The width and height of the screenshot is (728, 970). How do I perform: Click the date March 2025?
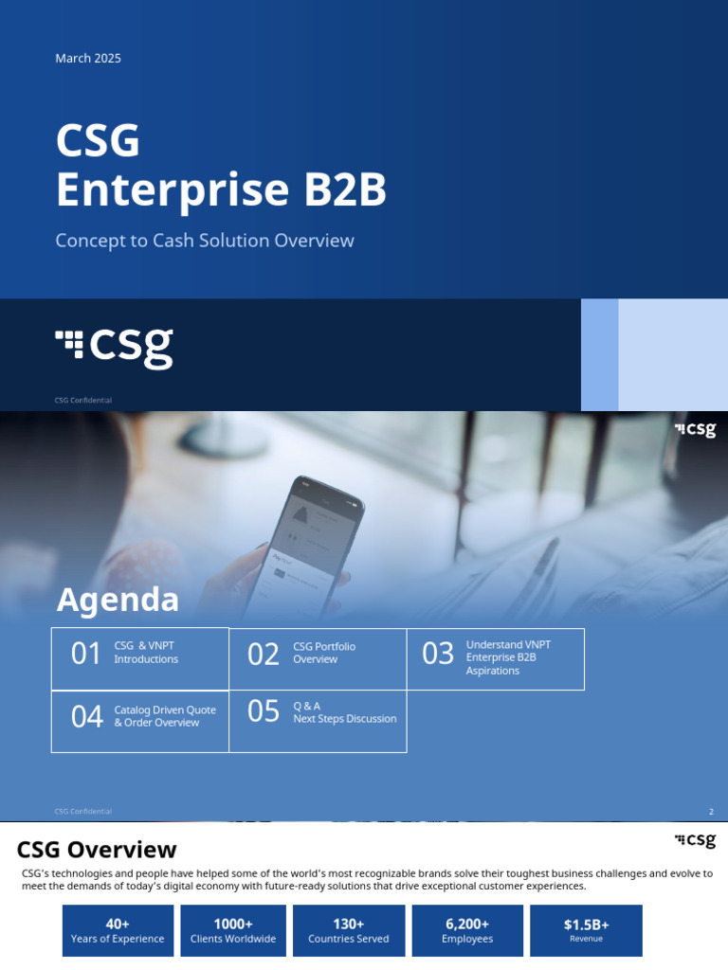point(88,59)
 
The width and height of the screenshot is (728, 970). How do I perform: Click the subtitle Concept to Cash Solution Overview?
point(205,241)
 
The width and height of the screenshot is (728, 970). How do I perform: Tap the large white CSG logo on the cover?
point(115,347)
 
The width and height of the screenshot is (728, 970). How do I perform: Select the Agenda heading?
point(118,600)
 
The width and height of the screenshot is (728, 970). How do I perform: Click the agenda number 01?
point(86,654)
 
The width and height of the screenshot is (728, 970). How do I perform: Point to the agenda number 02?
point(264,654)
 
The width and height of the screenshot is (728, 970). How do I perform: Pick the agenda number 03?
point(438,654)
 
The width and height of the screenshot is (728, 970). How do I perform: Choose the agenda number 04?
point(87,717)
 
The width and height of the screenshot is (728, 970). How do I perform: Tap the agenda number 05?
point(264,711)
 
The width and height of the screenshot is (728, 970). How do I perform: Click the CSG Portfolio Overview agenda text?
point(324,653)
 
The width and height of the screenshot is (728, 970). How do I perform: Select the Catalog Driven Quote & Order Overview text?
point(165,716)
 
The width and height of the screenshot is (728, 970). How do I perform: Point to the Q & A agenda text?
point(307,706)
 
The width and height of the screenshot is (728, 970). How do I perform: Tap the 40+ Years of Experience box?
point(118,930)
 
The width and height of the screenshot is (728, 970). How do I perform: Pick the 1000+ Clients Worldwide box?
point(233,930)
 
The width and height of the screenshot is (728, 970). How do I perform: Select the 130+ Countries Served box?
point(349,930)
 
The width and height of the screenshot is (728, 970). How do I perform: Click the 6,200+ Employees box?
point(467,930)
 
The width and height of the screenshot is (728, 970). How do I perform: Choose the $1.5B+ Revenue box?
point(586,930)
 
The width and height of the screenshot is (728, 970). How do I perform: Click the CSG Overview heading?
point(97,850)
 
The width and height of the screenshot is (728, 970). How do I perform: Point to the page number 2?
point(711,812)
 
